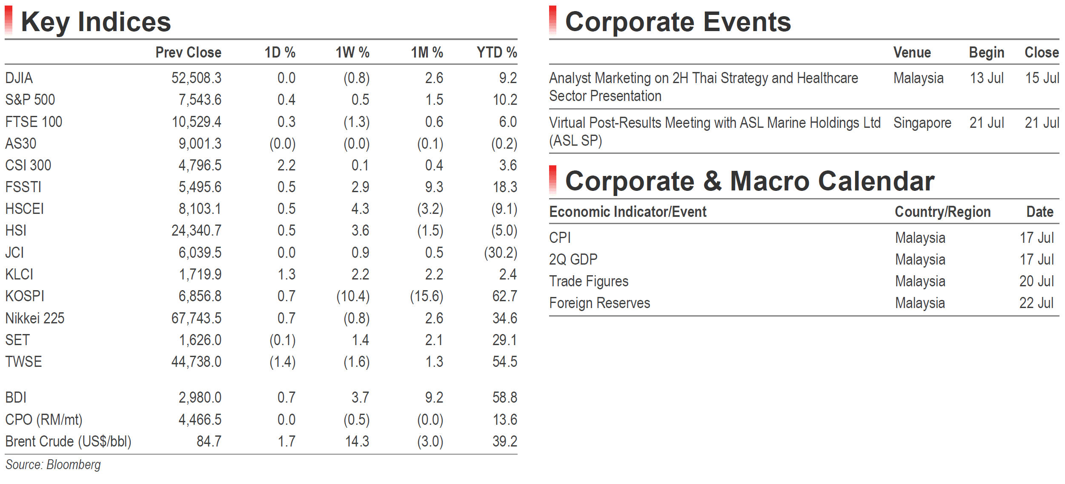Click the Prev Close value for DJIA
click(196, 78)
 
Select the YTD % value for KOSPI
click(505, 296)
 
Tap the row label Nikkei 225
click(34, 318)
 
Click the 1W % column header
click(352, 52)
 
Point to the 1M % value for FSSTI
click(434, 187)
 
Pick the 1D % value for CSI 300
click(286, 165)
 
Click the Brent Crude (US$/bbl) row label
click(68, 441)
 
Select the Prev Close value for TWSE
click(196, 362)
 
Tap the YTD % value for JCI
click(501, 253)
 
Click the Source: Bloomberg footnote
click(53, 465)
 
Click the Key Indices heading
click(96, 22)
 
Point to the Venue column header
click(912, 52)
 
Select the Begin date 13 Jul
click(987, 78)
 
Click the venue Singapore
click(922, 123)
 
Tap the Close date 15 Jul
click(1042, 78)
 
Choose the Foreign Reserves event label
click(600, 303)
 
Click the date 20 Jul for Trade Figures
click(1036, 281)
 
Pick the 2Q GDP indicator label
click(573, 259)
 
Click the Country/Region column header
click(943, 212)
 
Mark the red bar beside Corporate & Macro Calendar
click(553, 180)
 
